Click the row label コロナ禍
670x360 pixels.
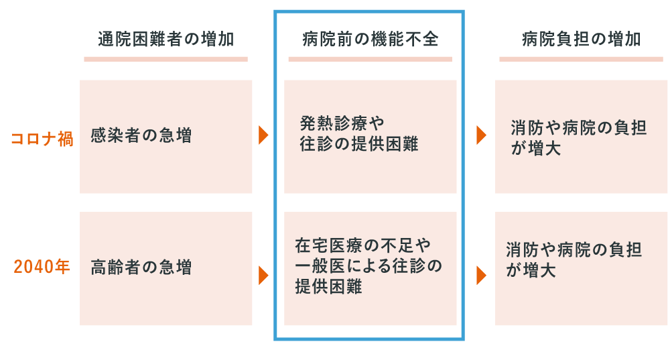(42, 139)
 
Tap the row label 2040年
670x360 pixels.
(42, 266)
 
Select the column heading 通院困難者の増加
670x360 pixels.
(165, 39)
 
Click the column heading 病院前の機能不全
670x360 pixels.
(371, 39)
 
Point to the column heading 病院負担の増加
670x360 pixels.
(581, 39)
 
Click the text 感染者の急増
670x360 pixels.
(141, 135)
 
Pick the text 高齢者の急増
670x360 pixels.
(141, 267)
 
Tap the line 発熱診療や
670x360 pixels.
(342, 123)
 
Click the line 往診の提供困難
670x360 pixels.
(359, 144)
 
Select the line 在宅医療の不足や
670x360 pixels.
(362, 245)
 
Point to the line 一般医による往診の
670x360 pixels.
(368, 266)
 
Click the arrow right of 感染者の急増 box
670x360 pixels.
(263, 135)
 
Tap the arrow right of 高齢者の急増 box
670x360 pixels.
(263, 276)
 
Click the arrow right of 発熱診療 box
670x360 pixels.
(482, 135)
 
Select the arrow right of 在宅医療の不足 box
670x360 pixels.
(482, 276)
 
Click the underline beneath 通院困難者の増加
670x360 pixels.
(165, 60)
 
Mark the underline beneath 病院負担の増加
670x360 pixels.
(581, 60)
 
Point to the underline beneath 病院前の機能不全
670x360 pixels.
(371, 60)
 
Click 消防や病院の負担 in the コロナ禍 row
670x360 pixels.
(579, 128)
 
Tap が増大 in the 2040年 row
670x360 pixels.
(531, 271)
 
